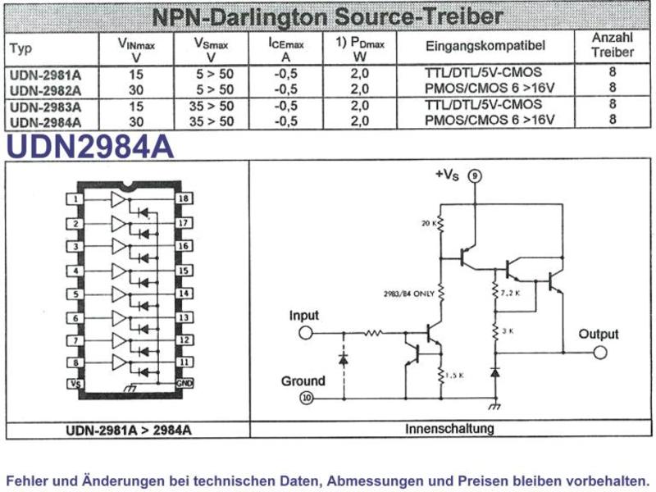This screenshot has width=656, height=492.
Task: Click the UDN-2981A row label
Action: point(45,75)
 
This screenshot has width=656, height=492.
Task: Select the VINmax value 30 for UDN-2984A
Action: point(136,121)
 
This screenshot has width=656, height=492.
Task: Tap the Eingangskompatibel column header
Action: point(485,46)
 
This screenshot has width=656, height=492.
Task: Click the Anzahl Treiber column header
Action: point(612,45)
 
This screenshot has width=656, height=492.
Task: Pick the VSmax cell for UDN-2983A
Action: point(212,106)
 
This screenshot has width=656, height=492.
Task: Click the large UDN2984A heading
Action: point(90,147)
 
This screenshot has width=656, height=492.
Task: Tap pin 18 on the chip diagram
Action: point(184,198)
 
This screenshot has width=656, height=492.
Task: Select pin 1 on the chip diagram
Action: point(75,198)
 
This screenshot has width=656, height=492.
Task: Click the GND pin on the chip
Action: point(184,383)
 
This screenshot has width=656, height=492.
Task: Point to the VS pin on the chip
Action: point(75,383)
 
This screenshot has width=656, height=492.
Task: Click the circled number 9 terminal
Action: point(475,175)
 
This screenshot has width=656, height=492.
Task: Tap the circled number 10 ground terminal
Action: point(307,398)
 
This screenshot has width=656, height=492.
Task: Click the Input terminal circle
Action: point(306,333)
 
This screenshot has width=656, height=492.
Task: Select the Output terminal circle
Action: point(600,353)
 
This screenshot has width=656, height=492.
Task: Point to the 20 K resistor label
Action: point(429,223)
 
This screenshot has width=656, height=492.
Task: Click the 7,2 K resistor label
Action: point(510,294)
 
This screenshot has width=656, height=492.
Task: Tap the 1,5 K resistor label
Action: point(454,376)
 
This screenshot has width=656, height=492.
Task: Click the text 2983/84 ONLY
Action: point(409,294)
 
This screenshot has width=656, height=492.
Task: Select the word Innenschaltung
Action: point(449,428)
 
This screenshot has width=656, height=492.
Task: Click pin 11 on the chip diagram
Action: point(184,362)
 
